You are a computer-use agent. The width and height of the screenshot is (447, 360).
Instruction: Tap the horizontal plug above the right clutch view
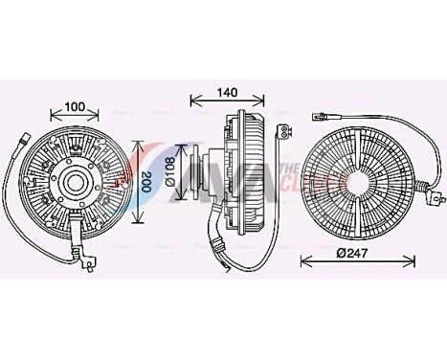tap(322, 117)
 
